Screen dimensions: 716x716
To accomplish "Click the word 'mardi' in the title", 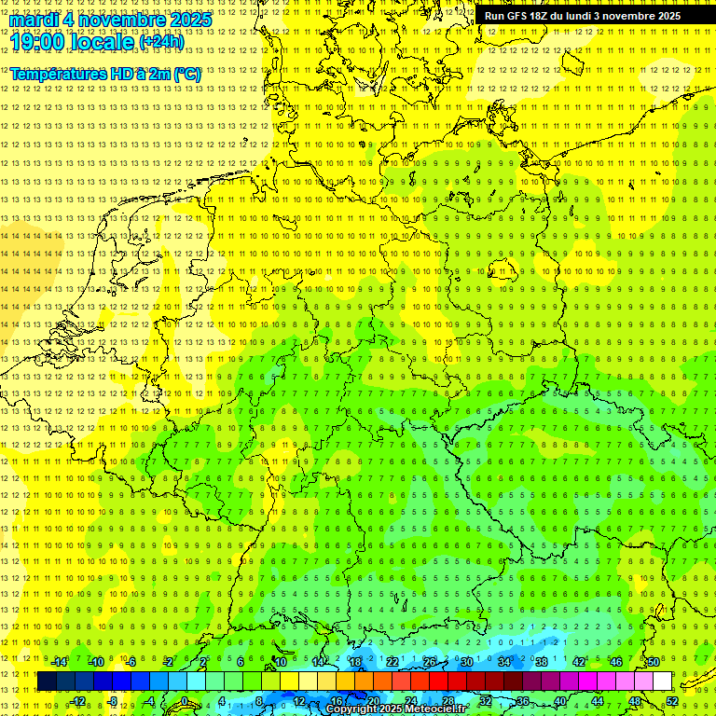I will (34, 20).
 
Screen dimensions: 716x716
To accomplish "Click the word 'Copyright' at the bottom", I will (352, 709).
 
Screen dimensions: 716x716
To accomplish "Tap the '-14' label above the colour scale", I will (59, 662).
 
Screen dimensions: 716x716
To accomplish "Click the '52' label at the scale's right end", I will (672, 701).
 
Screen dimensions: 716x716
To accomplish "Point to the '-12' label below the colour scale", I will (77, 701).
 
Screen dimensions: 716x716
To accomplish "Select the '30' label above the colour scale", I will (467, 662).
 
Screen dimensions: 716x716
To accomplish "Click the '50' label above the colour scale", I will (654, 662).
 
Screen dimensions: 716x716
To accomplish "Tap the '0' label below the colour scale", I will (185, 701).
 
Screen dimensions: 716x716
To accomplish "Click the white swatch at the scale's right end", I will (662, 682).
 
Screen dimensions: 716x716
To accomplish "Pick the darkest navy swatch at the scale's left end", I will (47, 682).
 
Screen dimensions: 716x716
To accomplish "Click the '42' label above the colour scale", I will (579, 662).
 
